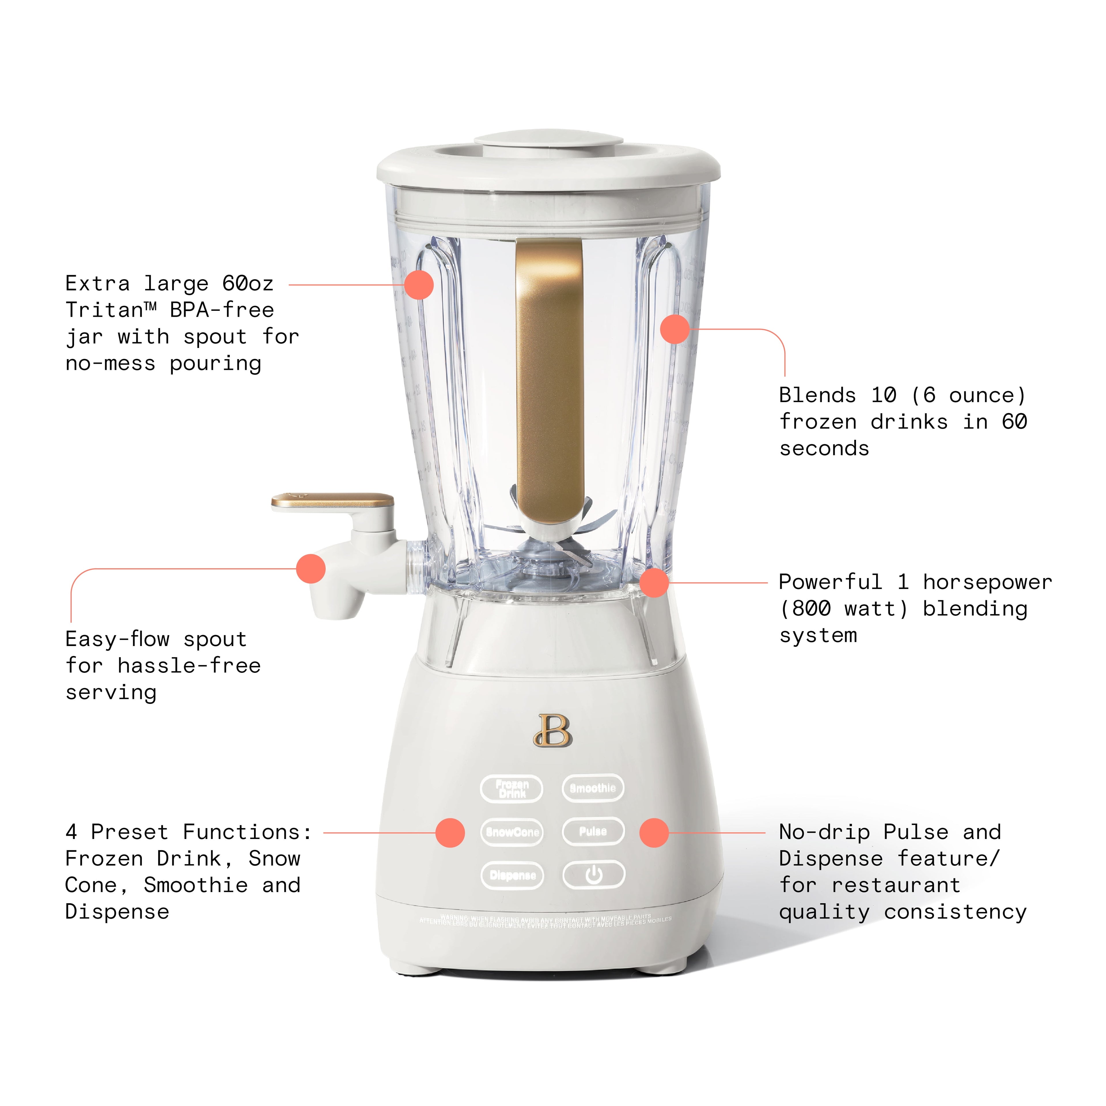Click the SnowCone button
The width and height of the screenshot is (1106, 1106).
pyautogui.click(x=512, y=832)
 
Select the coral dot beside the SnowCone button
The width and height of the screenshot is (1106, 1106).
pyautogui.click(x=450, y=832)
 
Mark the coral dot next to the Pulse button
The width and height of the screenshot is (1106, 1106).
pyautogui.click(x=654, y=832)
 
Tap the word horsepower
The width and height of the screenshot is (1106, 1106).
pyautogui.click(x=988, y=582)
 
